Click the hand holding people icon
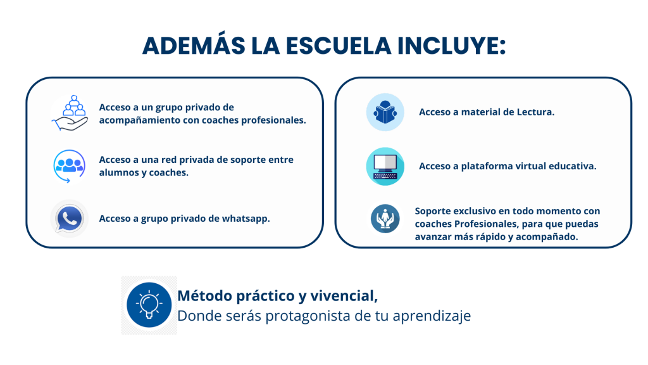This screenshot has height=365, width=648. coord(70,113)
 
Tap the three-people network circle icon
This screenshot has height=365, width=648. coord(69,166)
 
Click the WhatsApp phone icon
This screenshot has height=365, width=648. coord(70,219)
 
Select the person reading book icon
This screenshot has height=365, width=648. coord(385,112)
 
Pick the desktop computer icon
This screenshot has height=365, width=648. coord(385,167)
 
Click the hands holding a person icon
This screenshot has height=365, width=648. coord(385,219)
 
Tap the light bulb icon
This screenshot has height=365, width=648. coord(149,305)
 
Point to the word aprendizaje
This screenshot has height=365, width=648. coord(432,316)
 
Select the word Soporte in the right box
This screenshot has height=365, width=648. coord(433,211)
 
